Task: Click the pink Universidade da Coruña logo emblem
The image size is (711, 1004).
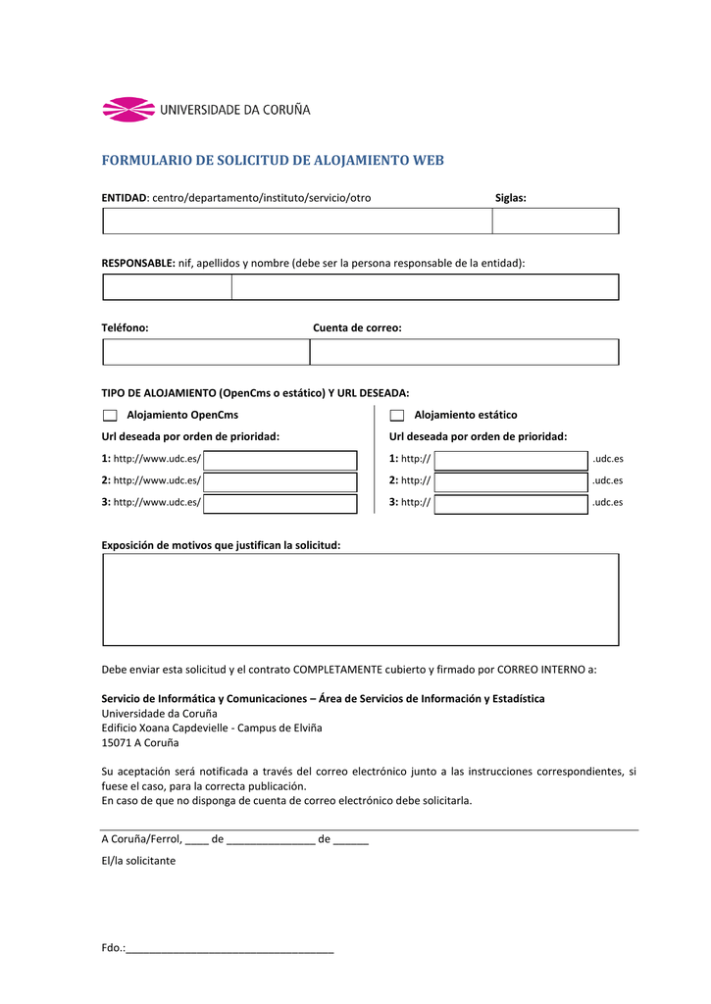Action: click(x=128, y=110)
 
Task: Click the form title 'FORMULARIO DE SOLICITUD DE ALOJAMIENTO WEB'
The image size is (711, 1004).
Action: click(x=273, y=160)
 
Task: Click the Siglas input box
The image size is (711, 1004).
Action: click(x=555, y=222)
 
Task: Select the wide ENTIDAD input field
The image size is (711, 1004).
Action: click(x=297, y=222)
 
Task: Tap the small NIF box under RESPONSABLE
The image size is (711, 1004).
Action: click(x=167, y=287)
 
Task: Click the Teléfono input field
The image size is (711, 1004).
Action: click(x=206, y=352)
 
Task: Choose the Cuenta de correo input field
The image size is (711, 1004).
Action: click(x=464, y=352)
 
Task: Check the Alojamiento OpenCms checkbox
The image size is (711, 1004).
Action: click(x=110, y=416)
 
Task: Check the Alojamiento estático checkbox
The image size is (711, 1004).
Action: click(x=397, y=416)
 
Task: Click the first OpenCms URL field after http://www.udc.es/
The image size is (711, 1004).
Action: click(x=280, y=460)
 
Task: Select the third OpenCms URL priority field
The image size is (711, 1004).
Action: click(x=280, y=504)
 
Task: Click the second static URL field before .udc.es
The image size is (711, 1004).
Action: click(x=511, y=481)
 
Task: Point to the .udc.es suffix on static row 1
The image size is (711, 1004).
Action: click(x=608, y=459)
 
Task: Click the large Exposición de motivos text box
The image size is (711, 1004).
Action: click(x=360, y=599)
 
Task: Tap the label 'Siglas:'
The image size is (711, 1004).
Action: click(x=510, y=198)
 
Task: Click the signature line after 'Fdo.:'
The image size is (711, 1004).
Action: click(x=230, y=949)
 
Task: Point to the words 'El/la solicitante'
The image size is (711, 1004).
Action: click(x=138, y=860)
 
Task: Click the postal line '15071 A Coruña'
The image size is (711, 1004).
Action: click(x=133, y=743)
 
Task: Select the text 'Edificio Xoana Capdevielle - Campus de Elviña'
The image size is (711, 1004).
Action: click(x=212, y=728)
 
